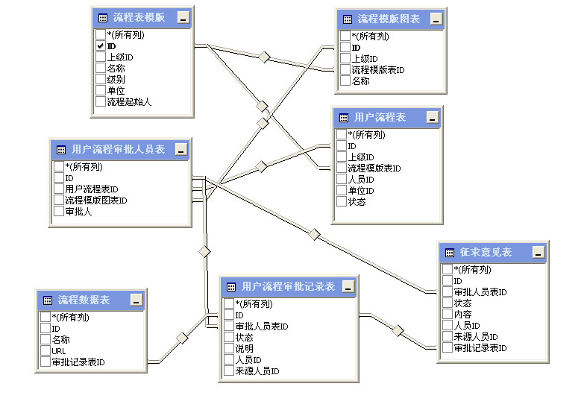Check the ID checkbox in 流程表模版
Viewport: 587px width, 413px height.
pos(100,45)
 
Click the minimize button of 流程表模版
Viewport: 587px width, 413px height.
pos(183,18)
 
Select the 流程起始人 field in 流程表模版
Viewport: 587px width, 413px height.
pos(129,101)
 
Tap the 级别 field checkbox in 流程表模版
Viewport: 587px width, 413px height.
pos(100,79)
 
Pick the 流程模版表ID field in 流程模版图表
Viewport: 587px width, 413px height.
pos(377,70)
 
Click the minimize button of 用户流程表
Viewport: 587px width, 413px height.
pos(432,118)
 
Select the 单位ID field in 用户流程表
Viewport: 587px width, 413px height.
pos(361,191)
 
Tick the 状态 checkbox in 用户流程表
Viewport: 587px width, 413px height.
pos(342,202)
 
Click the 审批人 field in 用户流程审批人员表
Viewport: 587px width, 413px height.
pos(79,212)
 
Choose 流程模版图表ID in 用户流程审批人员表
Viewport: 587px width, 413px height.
pos(96,201)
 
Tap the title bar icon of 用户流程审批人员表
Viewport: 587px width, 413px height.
pos(60,149)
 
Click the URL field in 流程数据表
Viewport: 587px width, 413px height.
pos(59,351)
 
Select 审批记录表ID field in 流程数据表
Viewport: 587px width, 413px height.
pos(78,362)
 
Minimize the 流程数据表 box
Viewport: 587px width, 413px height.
pos(135,300)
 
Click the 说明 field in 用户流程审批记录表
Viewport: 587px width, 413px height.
pos(244,348)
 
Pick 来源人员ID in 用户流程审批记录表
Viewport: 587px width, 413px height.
pos(257,371)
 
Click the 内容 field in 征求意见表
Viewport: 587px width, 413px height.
pos(462,315)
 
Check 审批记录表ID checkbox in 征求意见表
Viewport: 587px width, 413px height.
pos(448,348)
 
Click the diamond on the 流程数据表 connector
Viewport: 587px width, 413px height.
pos(181,337)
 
